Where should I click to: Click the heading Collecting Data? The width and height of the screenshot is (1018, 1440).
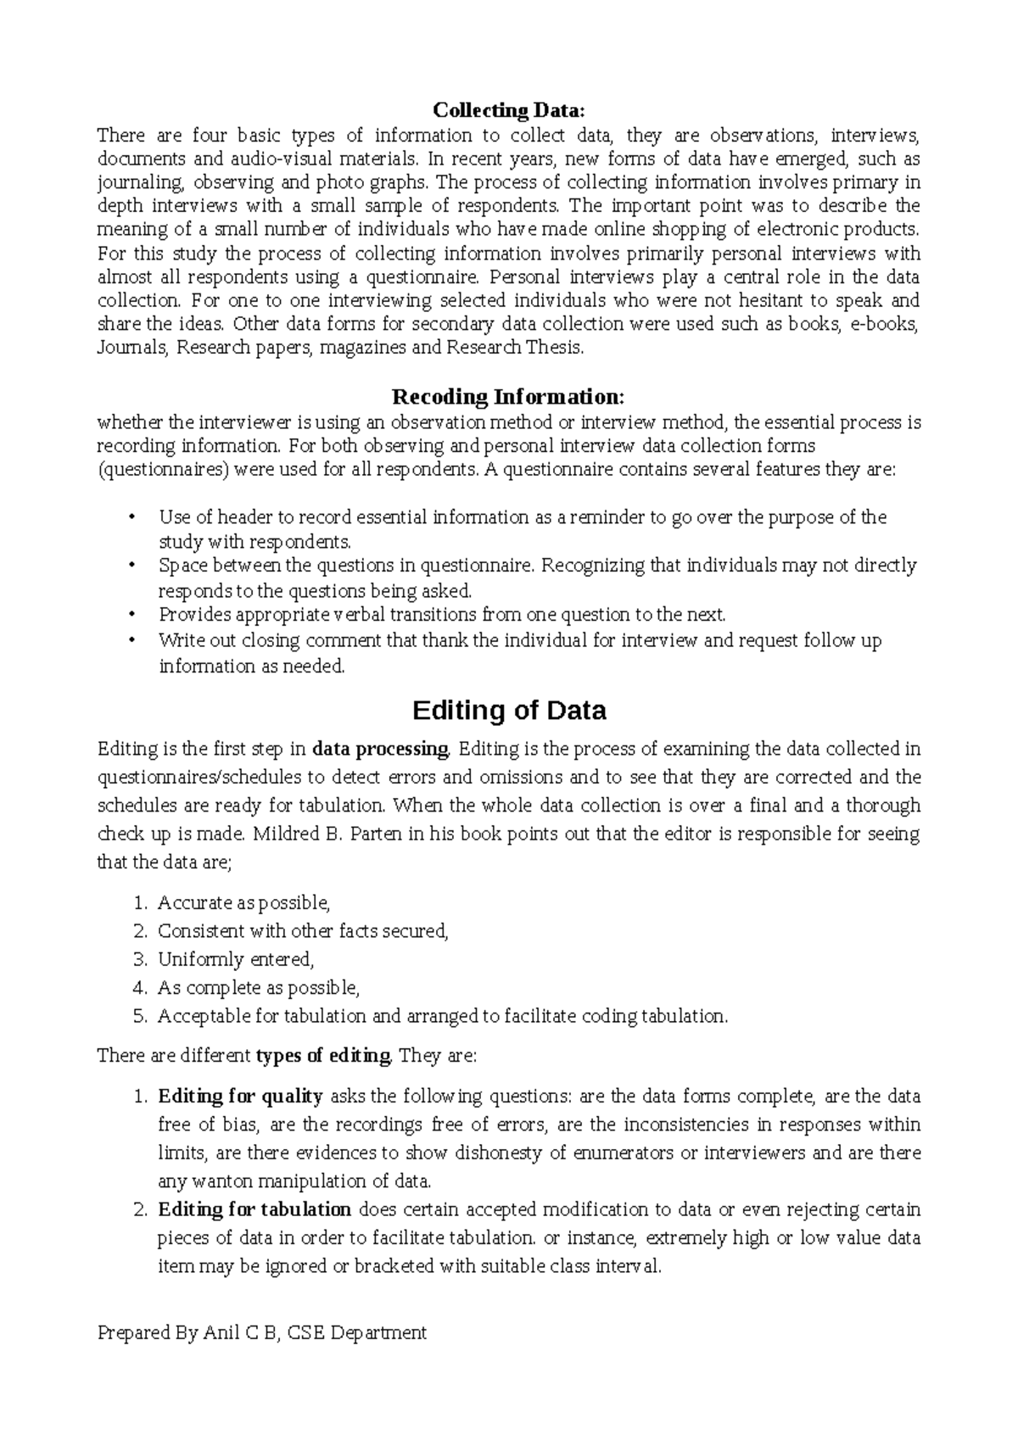click(509, 110)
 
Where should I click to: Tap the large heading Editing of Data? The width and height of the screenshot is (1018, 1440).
click(509, 710)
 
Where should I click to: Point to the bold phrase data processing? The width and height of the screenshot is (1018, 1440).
click(381, 749)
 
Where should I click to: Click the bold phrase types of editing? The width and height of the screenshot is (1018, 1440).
click(323, 1056)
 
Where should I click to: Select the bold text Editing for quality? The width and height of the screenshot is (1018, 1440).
click(240, 1097)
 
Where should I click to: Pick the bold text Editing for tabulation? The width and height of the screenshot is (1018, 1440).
click(255, 1209)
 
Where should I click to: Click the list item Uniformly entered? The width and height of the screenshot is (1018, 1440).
click(236, 959)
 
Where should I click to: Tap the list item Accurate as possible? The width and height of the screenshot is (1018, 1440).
click(243, 902)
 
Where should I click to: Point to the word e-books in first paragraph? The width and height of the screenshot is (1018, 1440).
click(882, 324)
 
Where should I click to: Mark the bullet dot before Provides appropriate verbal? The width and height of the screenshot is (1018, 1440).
click(130, 615)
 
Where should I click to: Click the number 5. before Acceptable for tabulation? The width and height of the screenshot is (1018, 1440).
click(141, 1016)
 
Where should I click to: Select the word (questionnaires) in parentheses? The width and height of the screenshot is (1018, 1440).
click(164, 470)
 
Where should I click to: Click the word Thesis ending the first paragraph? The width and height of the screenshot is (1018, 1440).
click(555, 348)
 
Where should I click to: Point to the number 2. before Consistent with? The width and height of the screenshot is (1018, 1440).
click(141, 931)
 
